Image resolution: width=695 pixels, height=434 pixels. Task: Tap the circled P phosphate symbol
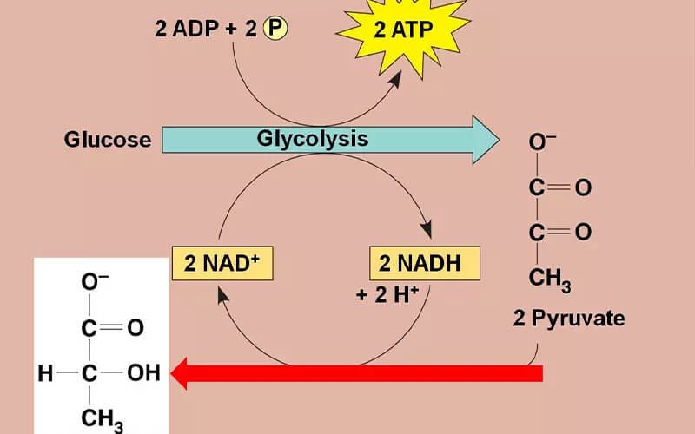[x=275, y=29]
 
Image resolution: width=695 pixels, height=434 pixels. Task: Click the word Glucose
[x=108, y=139]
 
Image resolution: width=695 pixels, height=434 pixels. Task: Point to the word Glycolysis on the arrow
[x=312, y=138]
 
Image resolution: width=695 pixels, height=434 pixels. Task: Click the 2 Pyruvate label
[x=568, y=318]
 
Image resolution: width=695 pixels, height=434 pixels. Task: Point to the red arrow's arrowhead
[x=185, y=373]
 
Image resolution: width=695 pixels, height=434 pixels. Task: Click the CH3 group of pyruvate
[x=550, y=279]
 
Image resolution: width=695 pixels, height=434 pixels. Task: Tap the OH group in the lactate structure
[x=143, y=373]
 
